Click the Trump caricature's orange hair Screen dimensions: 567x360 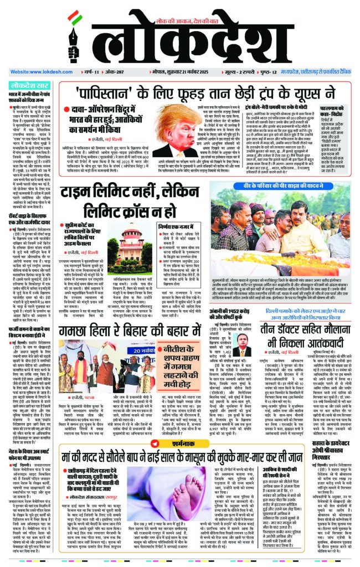[174, 117]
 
